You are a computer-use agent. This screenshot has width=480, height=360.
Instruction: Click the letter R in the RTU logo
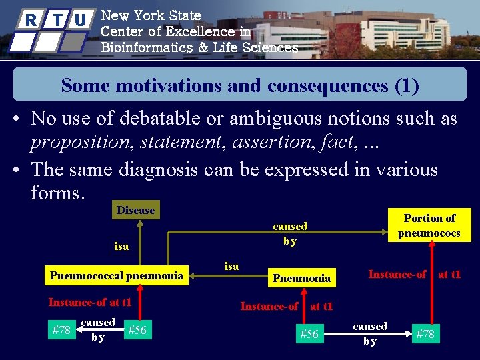pos(30,19)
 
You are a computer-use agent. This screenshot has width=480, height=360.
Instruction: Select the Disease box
pos(135,210)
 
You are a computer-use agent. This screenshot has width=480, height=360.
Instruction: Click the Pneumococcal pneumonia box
pos(117,275)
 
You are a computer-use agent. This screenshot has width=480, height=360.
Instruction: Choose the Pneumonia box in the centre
pos(302,278)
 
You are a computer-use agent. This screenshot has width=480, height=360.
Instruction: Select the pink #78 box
pos(425,334)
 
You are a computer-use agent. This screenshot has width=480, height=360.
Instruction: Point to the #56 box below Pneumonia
pos(309,334)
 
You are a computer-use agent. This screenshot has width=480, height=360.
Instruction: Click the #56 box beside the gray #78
pos(137,329)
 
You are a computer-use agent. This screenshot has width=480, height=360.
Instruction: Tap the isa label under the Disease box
pos(121,246)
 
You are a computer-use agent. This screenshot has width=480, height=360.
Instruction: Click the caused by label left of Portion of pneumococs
pos(290,233)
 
